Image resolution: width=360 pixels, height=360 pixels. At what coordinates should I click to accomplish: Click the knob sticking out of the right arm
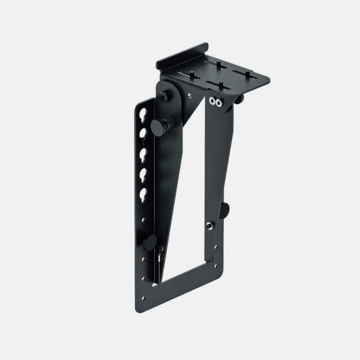coord(224,209)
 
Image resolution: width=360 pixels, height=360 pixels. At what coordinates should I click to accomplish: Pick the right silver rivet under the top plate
coord(220,103)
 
